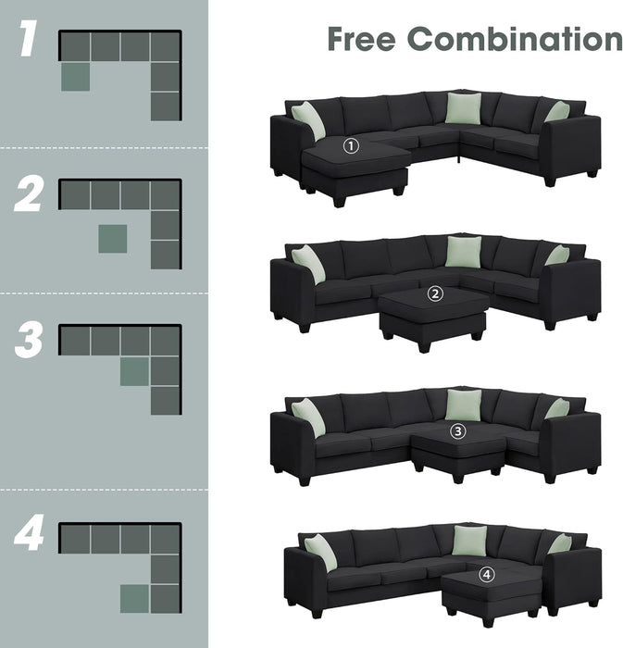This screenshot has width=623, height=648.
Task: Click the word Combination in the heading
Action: point(515,39)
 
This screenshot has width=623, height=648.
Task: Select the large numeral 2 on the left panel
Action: point(29,195)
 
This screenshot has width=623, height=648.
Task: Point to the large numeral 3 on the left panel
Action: point(29,341)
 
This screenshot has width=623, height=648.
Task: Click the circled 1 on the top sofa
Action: point(350,145)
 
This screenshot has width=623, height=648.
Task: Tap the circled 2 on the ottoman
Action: point(436,294)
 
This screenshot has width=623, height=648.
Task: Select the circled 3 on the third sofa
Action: point(457,430)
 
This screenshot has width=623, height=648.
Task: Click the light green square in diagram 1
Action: point(75,77)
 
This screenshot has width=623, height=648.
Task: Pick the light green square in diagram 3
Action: point(134,371)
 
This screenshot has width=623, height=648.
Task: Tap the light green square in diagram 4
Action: point(134,598)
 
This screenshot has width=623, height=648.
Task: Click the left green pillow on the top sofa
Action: point(308,120)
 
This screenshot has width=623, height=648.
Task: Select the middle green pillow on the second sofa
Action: point(463,252)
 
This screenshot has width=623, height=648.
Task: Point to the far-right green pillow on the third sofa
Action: point(557,409)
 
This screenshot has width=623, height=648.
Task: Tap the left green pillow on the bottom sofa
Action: point(320,553)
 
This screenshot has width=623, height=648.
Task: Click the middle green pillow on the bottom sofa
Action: point(469,541)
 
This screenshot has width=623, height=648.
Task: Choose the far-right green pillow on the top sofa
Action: point(557,113)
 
